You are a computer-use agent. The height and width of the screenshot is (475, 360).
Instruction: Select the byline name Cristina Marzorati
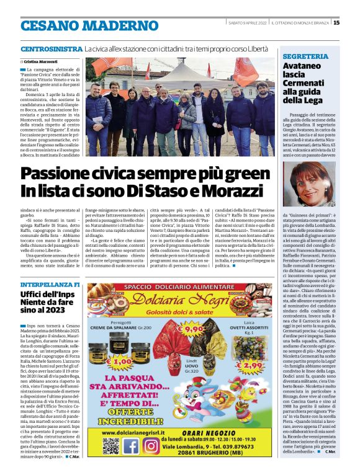tap(42, 62)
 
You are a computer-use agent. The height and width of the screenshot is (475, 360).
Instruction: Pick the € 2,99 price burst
tap(248, 366)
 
